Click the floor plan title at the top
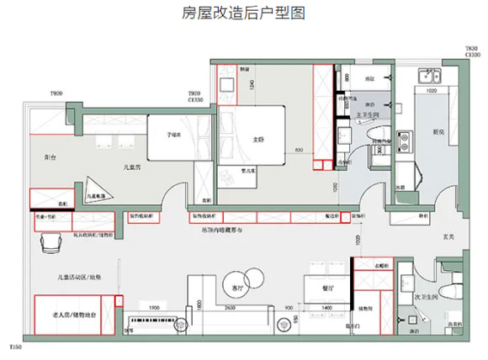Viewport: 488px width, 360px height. [x=243, y=13]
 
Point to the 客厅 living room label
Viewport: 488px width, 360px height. [x=237, y=288]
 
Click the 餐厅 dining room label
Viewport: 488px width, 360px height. [x=329, y=288]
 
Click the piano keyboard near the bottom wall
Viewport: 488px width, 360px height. [x=161, y=323]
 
